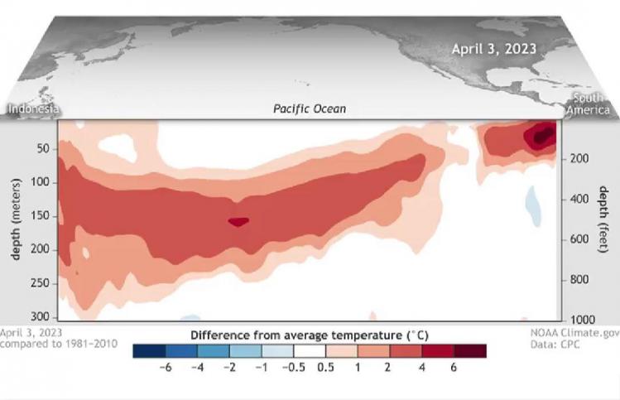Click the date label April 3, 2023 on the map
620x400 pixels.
point(493,49)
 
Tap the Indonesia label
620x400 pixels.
point(33,109)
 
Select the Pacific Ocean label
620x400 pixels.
point(310,109)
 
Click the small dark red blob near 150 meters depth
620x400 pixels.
point(238,221)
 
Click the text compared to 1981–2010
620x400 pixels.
point(58,343)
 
